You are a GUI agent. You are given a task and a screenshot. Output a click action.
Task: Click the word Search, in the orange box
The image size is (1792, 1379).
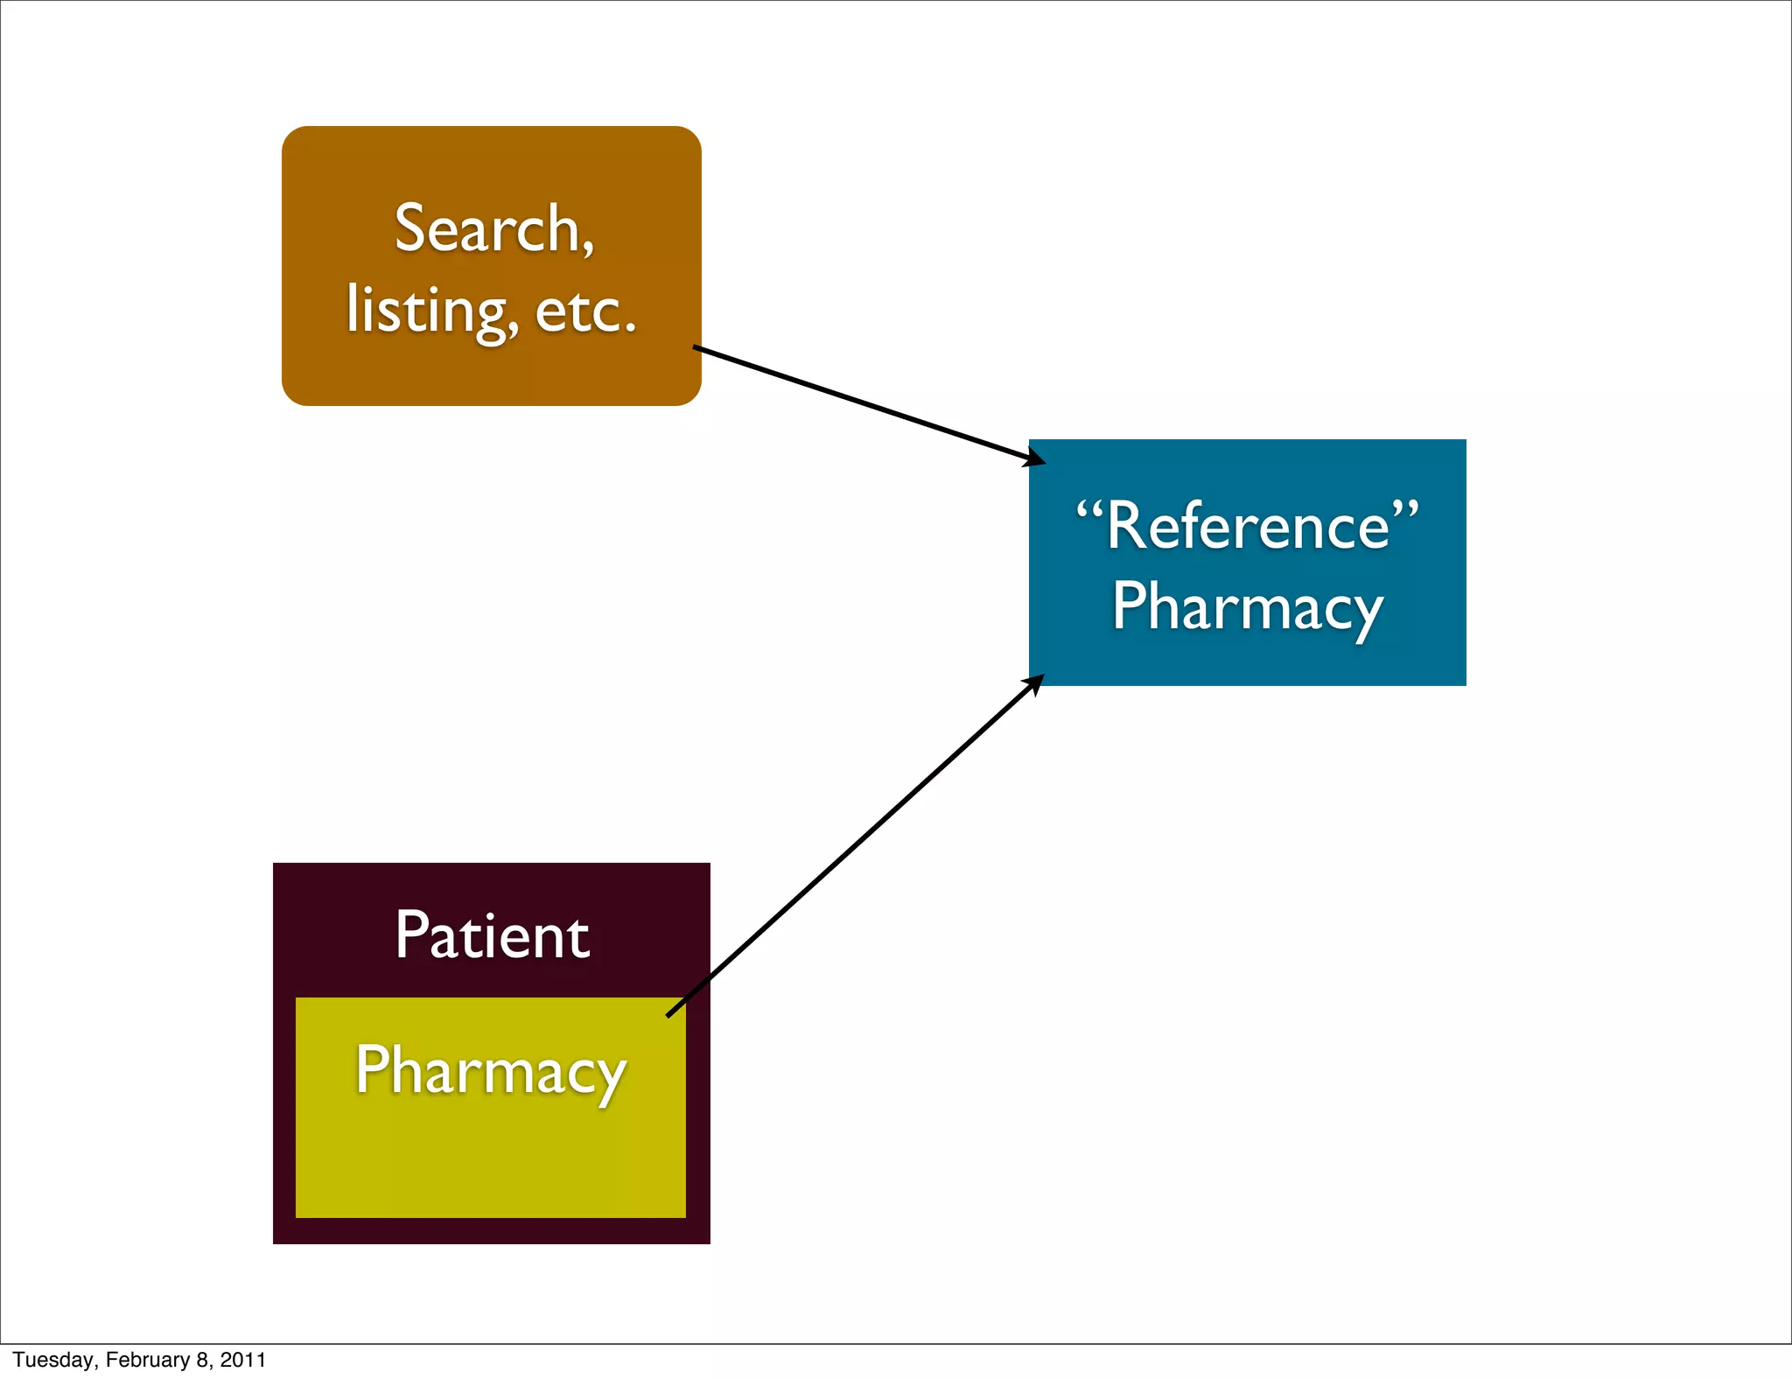494,229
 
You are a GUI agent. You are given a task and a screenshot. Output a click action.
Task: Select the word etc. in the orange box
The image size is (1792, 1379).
584,311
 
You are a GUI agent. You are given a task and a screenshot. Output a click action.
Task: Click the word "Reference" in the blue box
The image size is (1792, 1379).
1248,527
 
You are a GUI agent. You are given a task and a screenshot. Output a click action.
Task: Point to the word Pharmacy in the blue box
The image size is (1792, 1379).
1248,608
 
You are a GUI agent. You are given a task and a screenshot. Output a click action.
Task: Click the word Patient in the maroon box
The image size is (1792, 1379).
492,936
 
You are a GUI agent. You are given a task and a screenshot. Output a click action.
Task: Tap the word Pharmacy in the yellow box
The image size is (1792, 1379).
491,1071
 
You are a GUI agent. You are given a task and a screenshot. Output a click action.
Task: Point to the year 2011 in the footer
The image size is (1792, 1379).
242,1360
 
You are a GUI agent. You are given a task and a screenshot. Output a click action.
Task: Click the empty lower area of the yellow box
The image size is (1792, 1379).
490,1164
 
